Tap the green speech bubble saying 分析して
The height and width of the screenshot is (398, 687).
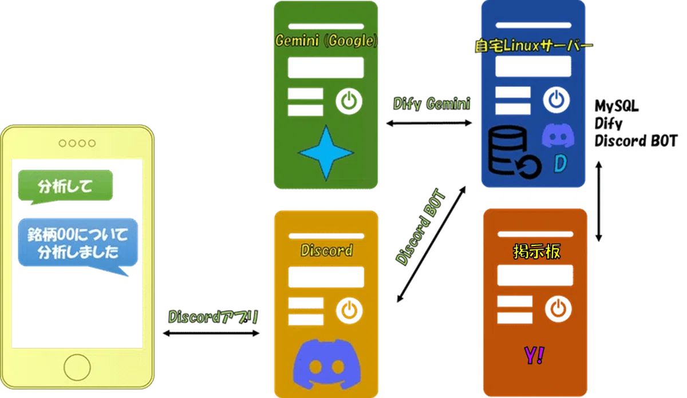tap(65, 186)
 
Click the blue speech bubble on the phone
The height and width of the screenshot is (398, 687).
tap(78, 244)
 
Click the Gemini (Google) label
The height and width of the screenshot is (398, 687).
tap(326, 41)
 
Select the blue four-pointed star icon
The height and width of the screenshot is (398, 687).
tap(326, 153)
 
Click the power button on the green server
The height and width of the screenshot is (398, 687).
tap(349, 101)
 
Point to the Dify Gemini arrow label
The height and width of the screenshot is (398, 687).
tap(432, 104)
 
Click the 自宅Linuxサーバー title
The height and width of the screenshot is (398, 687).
tap(534, 46)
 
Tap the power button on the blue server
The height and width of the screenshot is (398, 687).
tap(556, 100)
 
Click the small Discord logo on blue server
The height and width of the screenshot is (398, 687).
tap(558, 136)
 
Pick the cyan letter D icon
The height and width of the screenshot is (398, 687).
tap(560, 164)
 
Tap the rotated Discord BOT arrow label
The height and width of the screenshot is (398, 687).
tap(421, 228)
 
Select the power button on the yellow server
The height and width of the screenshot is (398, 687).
tap(349, 311)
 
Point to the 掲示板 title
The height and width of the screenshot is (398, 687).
tap(537, 252)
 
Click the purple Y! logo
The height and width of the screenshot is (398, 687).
tap(534, 356)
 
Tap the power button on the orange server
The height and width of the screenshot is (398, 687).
tap(559, 309)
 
